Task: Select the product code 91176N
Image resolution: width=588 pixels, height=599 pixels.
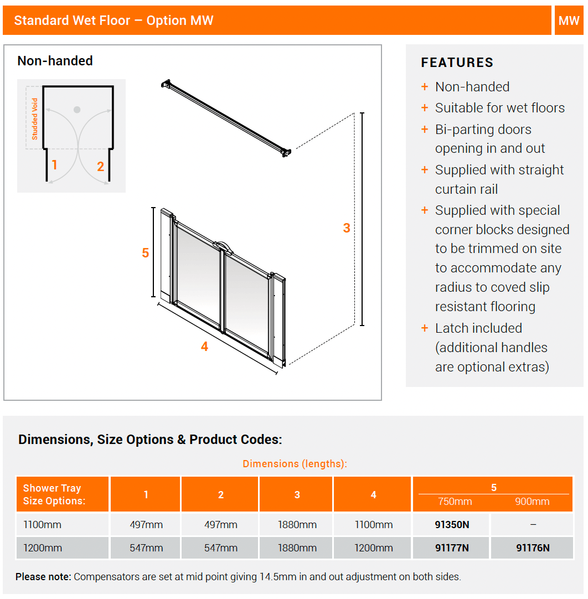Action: point(533,548)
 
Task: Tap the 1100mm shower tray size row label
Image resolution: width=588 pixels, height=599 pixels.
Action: point(43,524)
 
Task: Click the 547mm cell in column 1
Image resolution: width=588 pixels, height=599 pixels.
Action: point(146,548)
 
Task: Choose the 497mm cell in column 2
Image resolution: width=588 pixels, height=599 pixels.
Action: point(220,524)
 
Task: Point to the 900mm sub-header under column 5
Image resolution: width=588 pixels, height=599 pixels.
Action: point(532,502)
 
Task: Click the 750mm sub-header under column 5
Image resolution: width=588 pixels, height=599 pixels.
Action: point(455,502)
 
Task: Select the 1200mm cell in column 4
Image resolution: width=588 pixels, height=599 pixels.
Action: point(374,548)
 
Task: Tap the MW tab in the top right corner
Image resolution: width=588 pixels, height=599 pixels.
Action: point(569,20)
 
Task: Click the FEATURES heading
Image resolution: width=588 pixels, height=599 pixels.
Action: point(457,63)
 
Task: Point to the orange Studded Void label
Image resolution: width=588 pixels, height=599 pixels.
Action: point(35,118)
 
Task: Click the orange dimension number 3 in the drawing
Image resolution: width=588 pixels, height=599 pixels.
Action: point(347,228)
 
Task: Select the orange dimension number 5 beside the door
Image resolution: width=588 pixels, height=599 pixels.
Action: point(145,252)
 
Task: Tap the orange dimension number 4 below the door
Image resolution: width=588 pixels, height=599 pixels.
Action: point(204,347)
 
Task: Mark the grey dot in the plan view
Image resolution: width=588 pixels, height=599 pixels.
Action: point(77,110)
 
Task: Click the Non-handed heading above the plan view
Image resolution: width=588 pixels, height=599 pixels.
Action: point(55,61)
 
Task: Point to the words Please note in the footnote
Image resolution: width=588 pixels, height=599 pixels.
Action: point(43,577)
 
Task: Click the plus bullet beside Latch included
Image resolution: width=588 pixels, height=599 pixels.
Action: point(425,328)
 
